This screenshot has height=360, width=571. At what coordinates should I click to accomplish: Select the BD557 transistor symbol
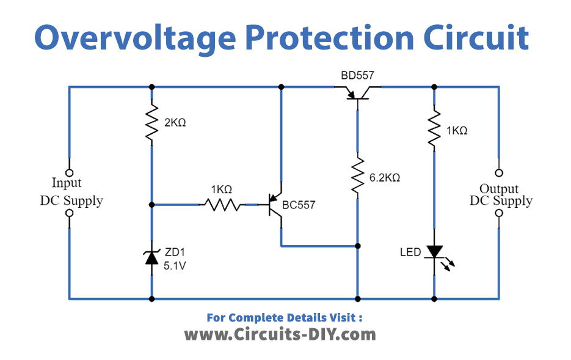(357, 94)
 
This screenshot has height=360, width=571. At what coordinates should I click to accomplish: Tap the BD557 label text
(357, 75)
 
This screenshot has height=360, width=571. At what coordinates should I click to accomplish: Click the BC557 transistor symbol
(274, 205)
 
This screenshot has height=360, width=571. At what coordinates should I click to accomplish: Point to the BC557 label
(299, 205)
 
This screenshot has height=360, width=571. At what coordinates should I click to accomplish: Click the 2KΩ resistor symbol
(152, 122)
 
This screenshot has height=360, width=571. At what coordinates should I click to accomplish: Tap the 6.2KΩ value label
(385, 178)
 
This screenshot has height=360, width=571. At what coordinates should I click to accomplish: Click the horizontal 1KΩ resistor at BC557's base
(222, 205)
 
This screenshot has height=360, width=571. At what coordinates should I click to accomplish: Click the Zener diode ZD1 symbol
(152, 257)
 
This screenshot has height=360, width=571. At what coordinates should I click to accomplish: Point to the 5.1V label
(175, 266)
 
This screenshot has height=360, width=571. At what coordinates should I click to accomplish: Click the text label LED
(410, 252)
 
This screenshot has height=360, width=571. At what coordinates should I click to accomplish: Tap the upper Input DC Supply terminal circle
(69, 173)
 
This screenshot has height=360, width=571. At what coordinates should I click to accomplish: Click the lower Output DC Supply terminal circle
(499, 213)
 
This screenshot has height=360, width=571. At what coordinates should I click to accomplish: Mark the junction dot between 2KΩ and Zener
(152, 205)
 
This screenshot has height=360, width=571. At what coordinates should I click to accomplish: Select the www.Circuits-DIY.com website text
(280, 334)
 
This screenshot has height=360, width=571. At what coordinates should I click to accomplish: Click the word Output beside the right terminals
(498, 189)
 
